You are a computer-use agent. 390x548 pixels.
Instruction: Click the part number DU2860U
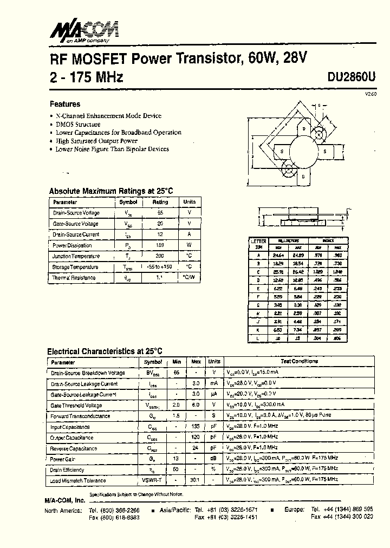[351, 77]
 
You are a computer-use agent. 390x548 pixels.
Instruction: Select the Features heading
[65, 104]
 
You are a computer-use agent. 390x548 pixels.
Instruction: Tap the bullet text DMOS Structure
[78, 124]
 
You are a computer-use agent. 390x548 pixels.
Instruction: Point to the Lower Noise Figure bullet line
[112, 149]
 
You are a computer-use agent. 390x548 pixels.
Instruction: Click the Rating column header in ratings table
[160, 202]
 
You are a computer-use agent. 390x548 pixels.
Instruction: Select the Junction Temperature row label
[76, 256]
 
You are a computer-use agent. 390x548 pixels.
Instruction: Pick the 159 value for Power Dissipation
[160, 245]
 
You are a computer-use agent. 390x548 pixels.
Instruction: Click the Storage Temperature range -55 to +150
[160, 267]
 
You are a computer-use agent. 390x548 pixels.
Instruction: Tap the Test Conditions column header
[299, 361]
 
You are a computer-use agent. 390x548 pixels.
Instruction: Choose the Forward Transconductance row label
[80, 416]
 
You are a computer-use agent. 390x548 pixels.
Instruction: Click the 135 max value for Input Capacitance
[196, 427]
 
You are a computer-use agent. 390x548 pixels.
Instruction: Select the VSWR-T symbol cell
[153, 480]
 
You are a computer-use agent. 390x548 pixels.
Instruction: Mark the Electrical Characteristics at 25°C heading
[105, 351]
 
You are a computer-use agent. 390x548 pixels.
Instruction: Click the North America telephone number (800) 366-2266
[114, 510]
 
